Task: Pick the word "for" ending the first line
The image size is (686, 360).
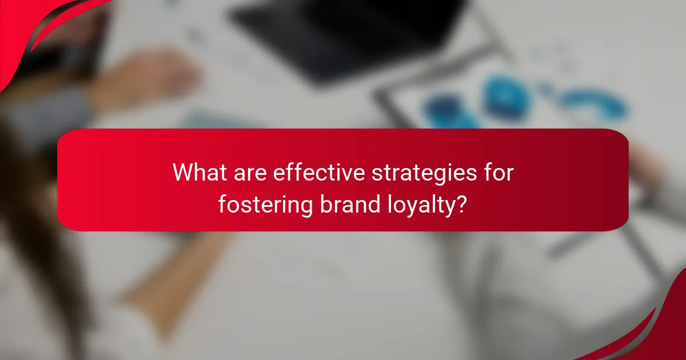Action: pyautogui.click(x=498, y=172)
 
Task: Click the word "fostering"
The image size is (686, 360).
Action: pyautogui.click(x=265, y=204)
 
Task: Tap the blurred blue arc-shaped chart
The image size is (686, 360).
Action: pyautogui.click(x=595, y=103)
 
